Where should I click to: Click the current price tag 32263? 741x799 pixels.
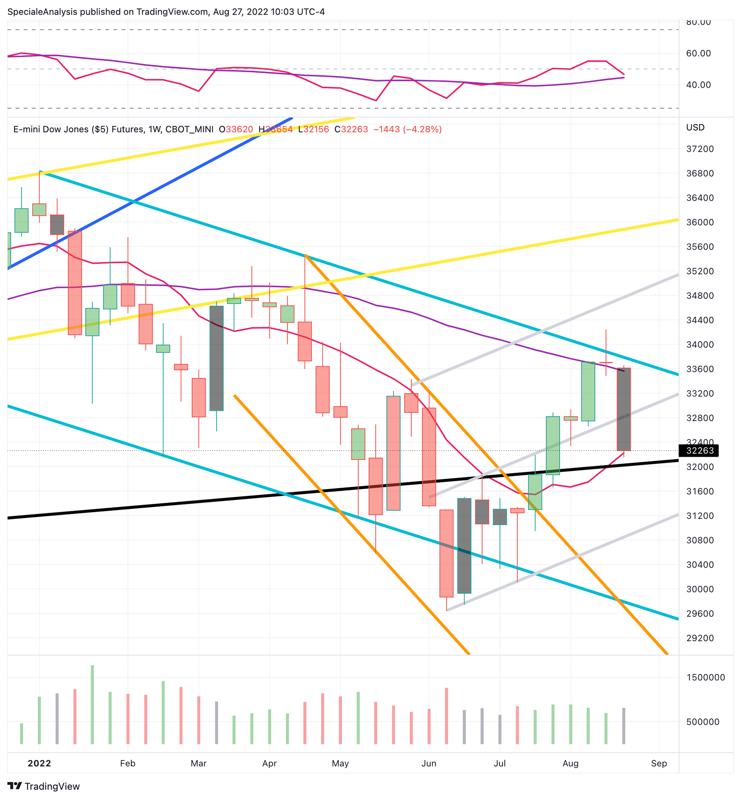tap(699, 451)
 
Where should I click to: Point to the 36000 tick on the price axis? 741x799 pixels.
tap(700, 223)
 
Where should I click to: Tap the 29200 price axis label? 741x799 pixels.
tap(700, 638)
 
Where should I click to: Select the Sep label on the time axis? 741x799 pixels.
tap(659, 764)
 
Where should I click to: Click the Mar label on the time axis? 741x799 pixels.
tap(198, 764)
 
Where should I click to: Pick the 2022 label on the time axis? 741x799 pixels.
tap(39, 764)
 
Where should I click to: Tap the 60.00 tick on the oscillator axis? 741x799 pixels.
tap(699, 54)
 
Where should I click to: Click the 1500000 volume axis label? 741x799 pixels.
tap(706, 677)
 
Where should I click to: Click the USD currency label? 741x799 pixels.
tap(695, 127)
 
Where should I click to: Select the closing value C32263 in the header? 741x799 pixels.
tap(351, 130)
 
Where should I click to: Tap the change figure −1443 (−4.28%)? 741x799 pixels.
tap(408, 130)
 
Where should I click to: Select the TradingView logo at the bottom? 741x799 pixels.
tap(44, 786)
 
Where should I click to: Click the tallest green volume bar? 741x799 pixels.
tap(92, 704)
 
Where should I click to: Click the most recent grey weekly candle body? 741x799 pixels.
tap(624, 409)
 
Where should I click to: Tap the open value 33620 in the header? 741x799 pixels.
tap(239, 130)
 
